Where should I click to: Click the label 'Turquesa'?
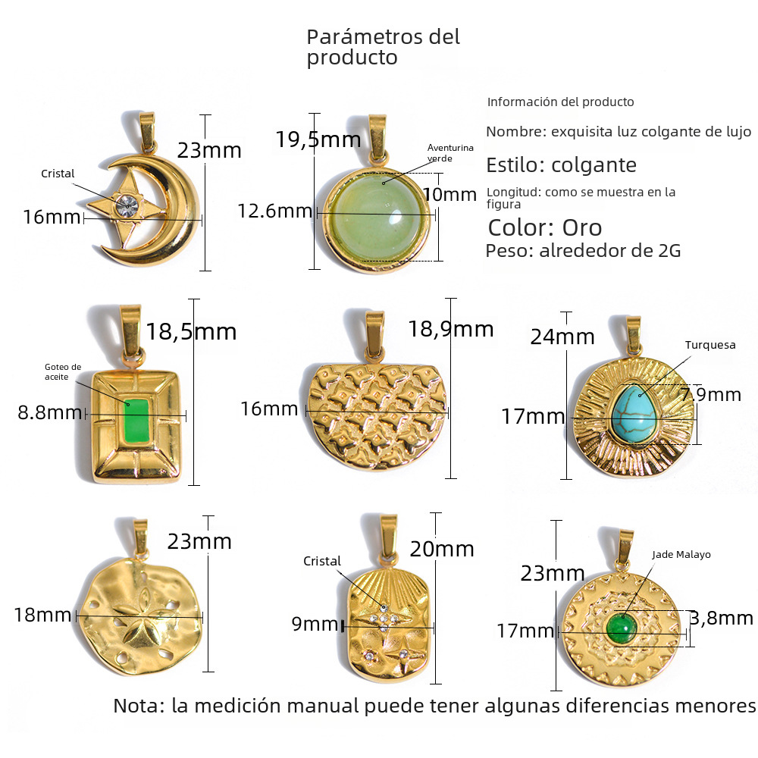pos(710,345)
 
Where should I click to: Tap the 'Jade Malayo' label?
pos(681,554)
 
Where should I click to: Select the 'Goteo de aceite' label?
pos(63,371)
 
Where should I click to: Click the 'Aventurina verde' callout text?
pos(450,152)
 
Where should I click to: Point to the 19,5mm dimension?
pos(308,139)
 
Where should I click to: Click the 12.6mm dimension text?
pos(274,211)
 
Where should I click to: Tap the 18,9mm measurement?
pos(450,329)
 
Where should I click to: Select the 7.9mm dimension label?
pos(710,394)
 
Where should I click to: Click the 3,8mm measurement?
pos(721,619)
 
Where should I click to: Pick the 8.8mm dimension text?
pos(49,413)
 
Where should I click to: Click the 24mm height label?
pos(562,336)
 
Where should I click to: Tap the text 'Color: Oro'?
pos(544,227)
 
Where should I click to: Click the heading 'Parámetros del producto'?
pos(383,47)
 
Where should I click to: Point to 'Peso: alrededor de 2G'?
pos(583,251)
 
